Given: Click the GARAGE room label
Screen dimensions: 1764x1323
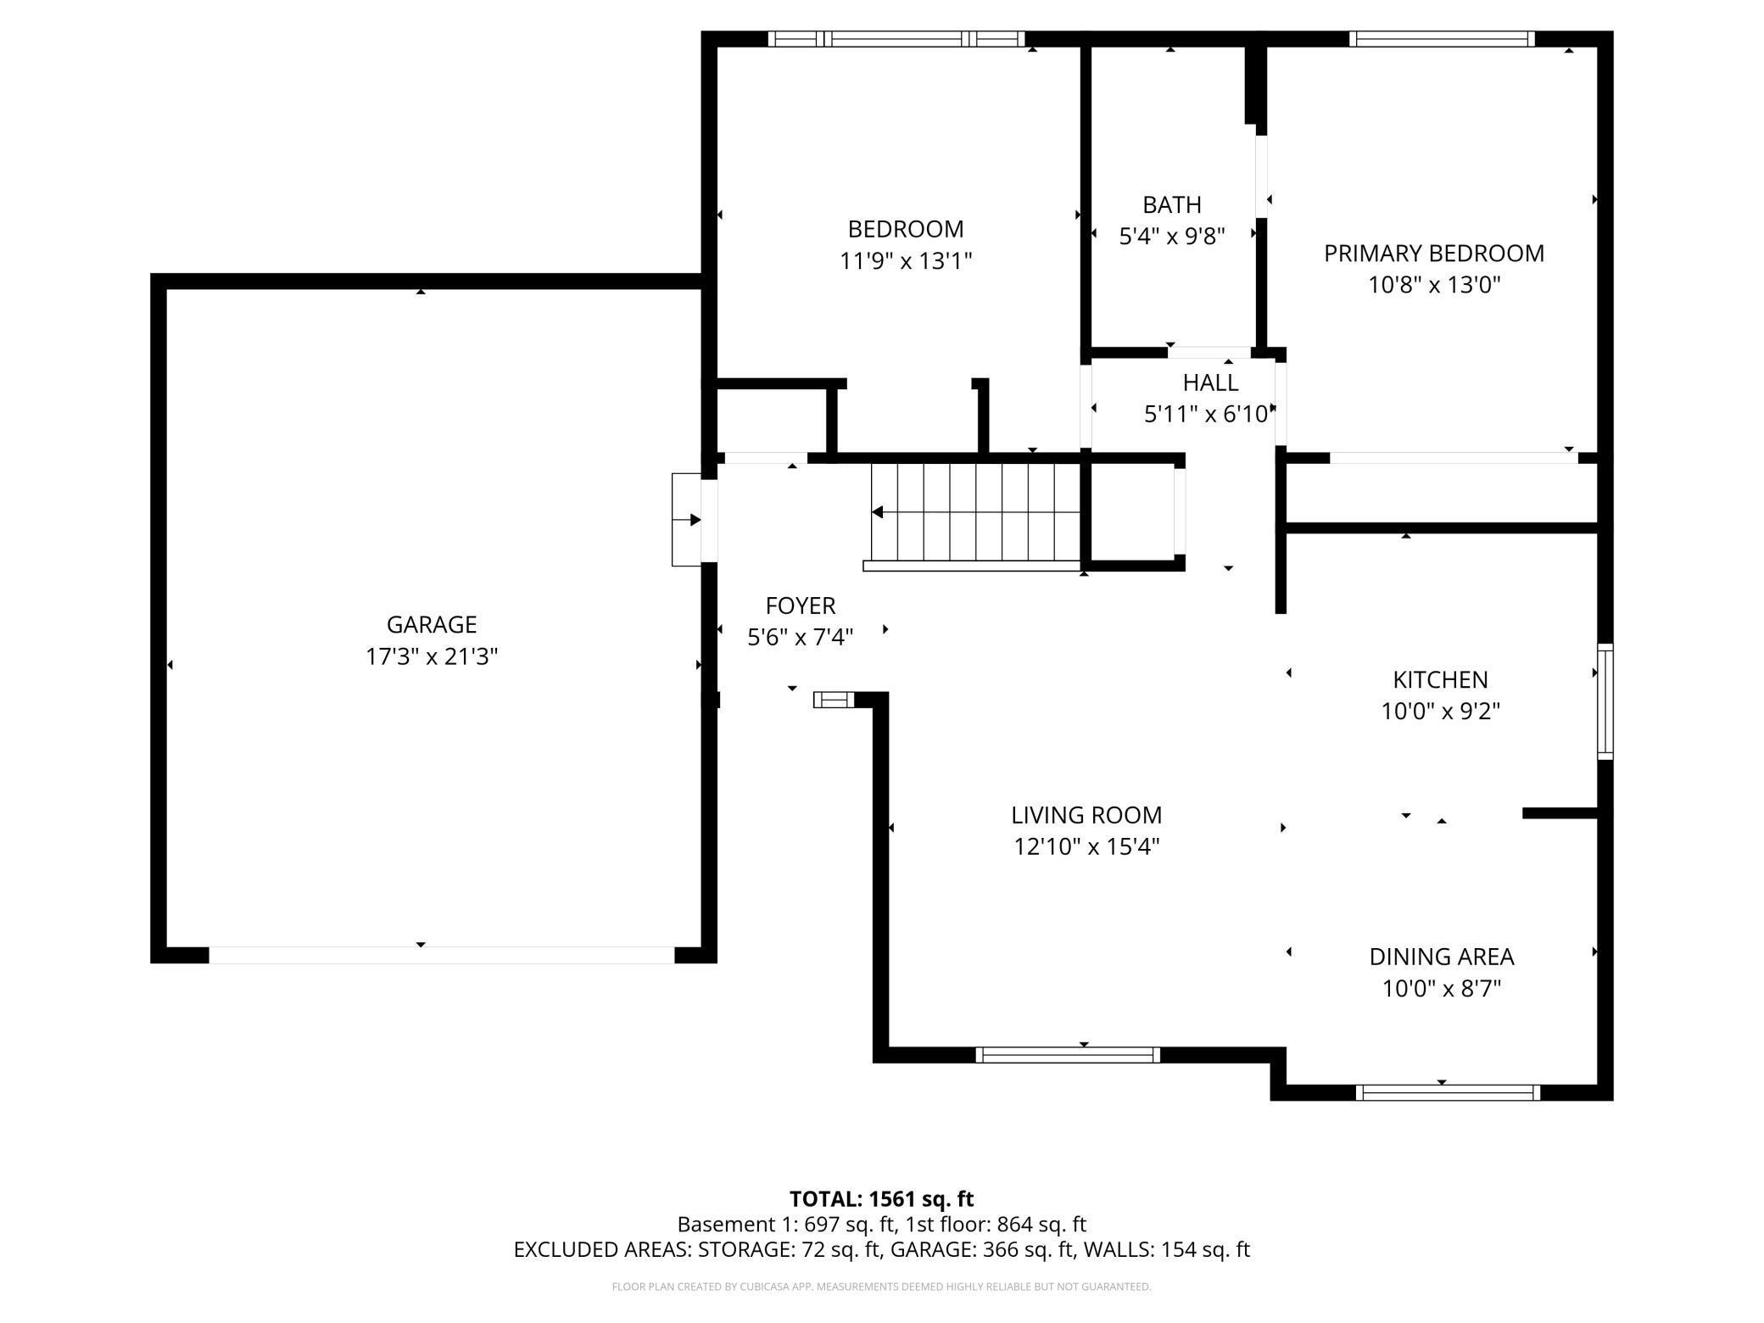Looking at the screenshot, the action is click(x=431, y=625).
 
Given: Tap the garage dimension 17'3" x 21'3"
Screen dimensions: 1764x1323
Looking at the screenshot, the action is click(x=431, y=656).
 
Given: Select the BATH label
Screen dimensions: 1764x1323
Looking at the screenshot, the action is click(x=1172, y=205).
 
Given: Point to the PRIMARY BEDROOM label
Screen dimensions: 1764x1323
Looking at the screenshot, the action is click(x=1434, y=254).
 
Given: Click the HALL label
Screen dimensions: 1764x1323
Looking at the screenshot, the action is click(x=1210, y=383).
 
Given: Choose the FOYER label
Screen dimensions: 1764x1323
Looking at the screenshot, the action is click(x=801, y=606).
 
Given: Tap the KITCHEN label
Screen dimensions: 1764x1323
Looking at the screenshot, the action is click(x=1440, y=680).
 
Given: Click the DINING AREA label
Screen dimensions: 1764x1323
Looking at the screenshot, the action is click(x=1441, y=957).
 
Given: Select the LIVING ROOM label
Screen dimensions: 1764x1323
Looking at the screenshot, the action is click(x=1086, y=816).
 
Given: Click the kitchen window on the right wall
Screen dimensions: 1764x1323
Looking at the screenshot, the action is click(x=1605, y=701).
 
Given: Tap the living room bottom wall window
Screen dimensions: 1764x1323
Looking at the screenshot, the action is click(x=1067, y=1055).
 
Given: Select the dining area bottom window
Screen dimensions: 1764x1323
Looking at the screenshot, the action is click(x=1448, y=1093).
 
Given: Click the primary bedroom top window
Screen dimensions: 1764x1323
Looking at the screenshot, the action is click(x=1442, y=39).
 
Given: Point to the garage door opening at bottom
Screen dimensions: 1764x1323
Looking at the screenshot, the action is click(x=441, y=955).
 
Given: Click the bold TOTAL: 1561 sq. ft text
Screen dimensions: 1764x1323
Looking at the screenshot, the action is click(x=881, y=1199).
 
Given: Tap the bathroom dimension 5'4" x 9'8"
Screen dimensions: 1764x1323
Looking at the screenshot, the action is click(x=1172, y=237).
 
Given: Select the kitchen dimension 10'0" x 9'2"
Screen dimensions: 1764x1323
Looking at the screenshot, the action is click(x=1440, y=712).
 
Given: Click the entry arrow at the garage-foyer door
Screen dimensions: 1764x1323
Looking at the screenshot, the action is click(x=686, y=520).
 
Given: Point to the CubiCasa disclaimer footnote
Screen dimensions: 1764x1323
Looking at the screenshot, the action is click(x=881, y=1287).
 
